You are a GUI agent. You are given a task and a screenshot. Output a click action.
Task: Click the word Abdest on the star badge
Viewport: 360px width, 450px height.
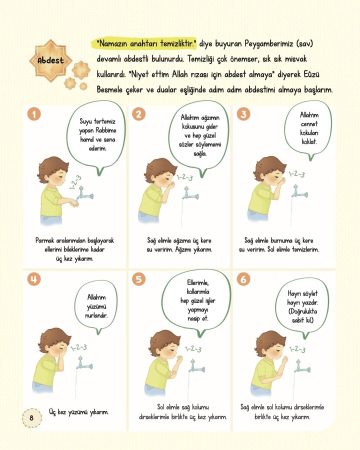pyautogui.click(x=50, y=60)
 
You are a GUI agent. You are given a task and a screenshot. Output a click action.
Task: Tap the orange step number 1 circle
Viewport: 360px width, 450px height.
pyautogui.click(x=34, y=114)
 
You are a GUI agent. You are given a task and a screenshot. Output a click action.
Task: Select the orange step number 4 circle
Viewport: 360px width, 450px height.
pyautogui.click(x=34, y=279)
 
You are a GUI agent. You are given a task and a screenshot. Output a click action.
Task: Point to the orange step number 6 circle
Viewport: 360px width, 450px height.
pyautogui.click(x=243, y=279)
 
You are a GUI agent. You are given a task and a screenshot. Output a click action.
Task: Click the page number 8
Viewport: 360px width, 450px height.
pyautogui.click(x=31, y=417)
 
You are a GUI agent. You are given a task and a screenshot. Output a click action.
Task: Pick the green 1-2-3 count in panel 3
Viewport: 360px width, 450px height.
pyautogui.click(x=296, y=174)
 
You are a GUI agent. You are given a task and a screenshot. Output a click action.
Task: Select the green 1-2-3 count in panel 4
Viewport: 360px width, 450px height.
pyautogui.click(x=79, y=347)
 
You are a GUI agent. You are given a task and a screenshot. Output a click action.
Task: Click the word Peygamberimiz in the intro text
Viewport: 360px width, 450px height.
pyautogui.click(x=269, y=44)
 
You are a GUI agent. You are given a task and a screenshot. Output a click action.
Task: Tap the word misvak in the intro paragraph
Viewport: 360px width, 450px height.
pyautogui.click(x=295, y=59)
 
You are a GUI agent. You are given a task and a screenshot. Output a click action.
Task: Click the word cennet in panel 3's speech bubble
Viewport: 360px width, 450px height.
pyautogui.click(x=309, y=124)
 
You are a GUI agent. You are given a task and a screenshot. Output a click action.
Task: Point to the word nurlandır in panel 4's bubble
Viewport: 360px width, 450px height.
pyautogui.click(x=96, y=315)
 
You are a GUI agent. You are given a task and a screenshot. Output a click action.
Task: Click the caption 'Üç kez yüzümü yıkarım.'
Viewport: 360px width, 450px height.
pyautogui.click(x=78, y=412)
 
